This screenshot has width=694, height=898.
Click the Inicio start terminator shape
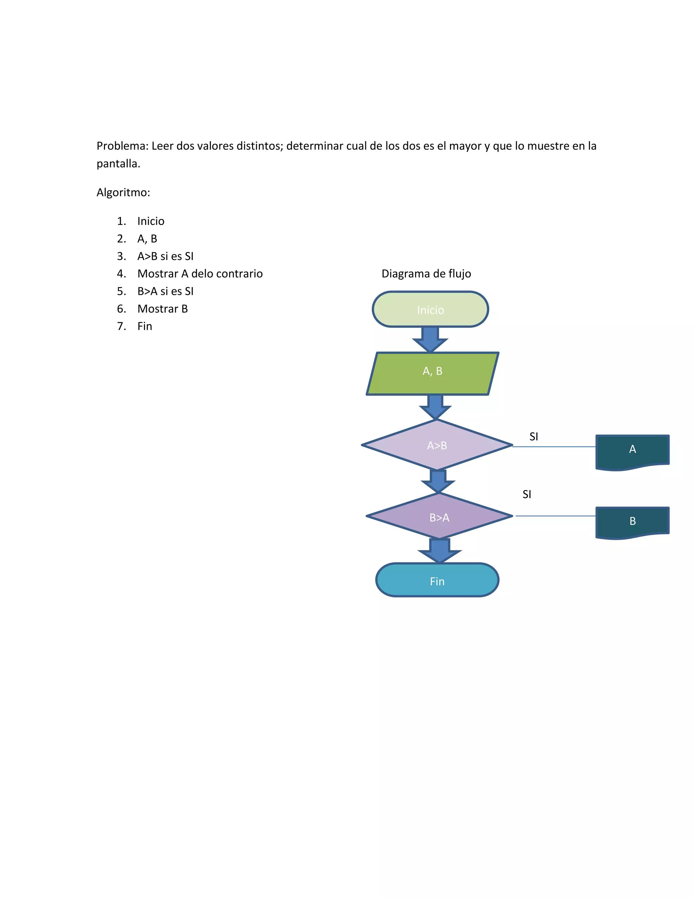[x=430, y=309]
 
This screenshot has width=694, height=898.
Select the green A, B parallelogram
[x=432, y=373]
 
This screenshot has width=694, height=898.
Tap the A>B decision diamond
[x=436, y=445]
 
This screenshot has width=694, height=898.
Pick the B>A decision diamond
[x=439, y=516]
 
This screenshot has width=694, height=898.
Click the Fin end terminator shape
[x=437, y=580]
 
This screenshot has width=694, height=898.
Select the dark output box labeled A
[x=632, y=451]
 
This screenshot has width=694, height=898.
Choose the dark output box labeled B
[x=632, y=522]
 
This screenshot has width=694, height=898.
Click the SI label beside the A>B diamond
[x=534, y=437]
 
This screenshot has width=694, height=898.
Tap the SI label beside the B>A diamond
[x=527, y=494]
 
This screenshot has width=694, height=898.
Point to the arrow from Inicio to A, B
[x=430, y=339]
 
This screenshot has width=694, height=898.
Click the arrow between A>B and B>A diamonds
[x=438, y=481]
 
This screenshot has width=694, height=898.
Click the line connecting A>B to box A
[x=554, y=447]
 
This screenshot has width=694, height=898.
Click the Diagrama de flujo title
[x=426, y=274]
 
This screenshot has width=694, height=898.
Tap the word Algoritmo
[x=123, y=192]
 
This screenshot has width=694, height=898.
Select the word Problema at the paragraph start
[x=122, y=146]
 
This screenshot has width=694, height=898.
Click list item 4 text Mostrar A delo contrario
[x=200, y=274]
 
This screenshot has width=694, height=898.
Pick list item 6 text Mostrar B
[x=162, y=309]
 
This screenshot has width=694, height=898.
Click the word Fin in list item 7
[x=145, y=326]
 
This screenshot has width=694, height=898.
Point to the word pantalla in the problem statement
[x=118, y=164]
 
